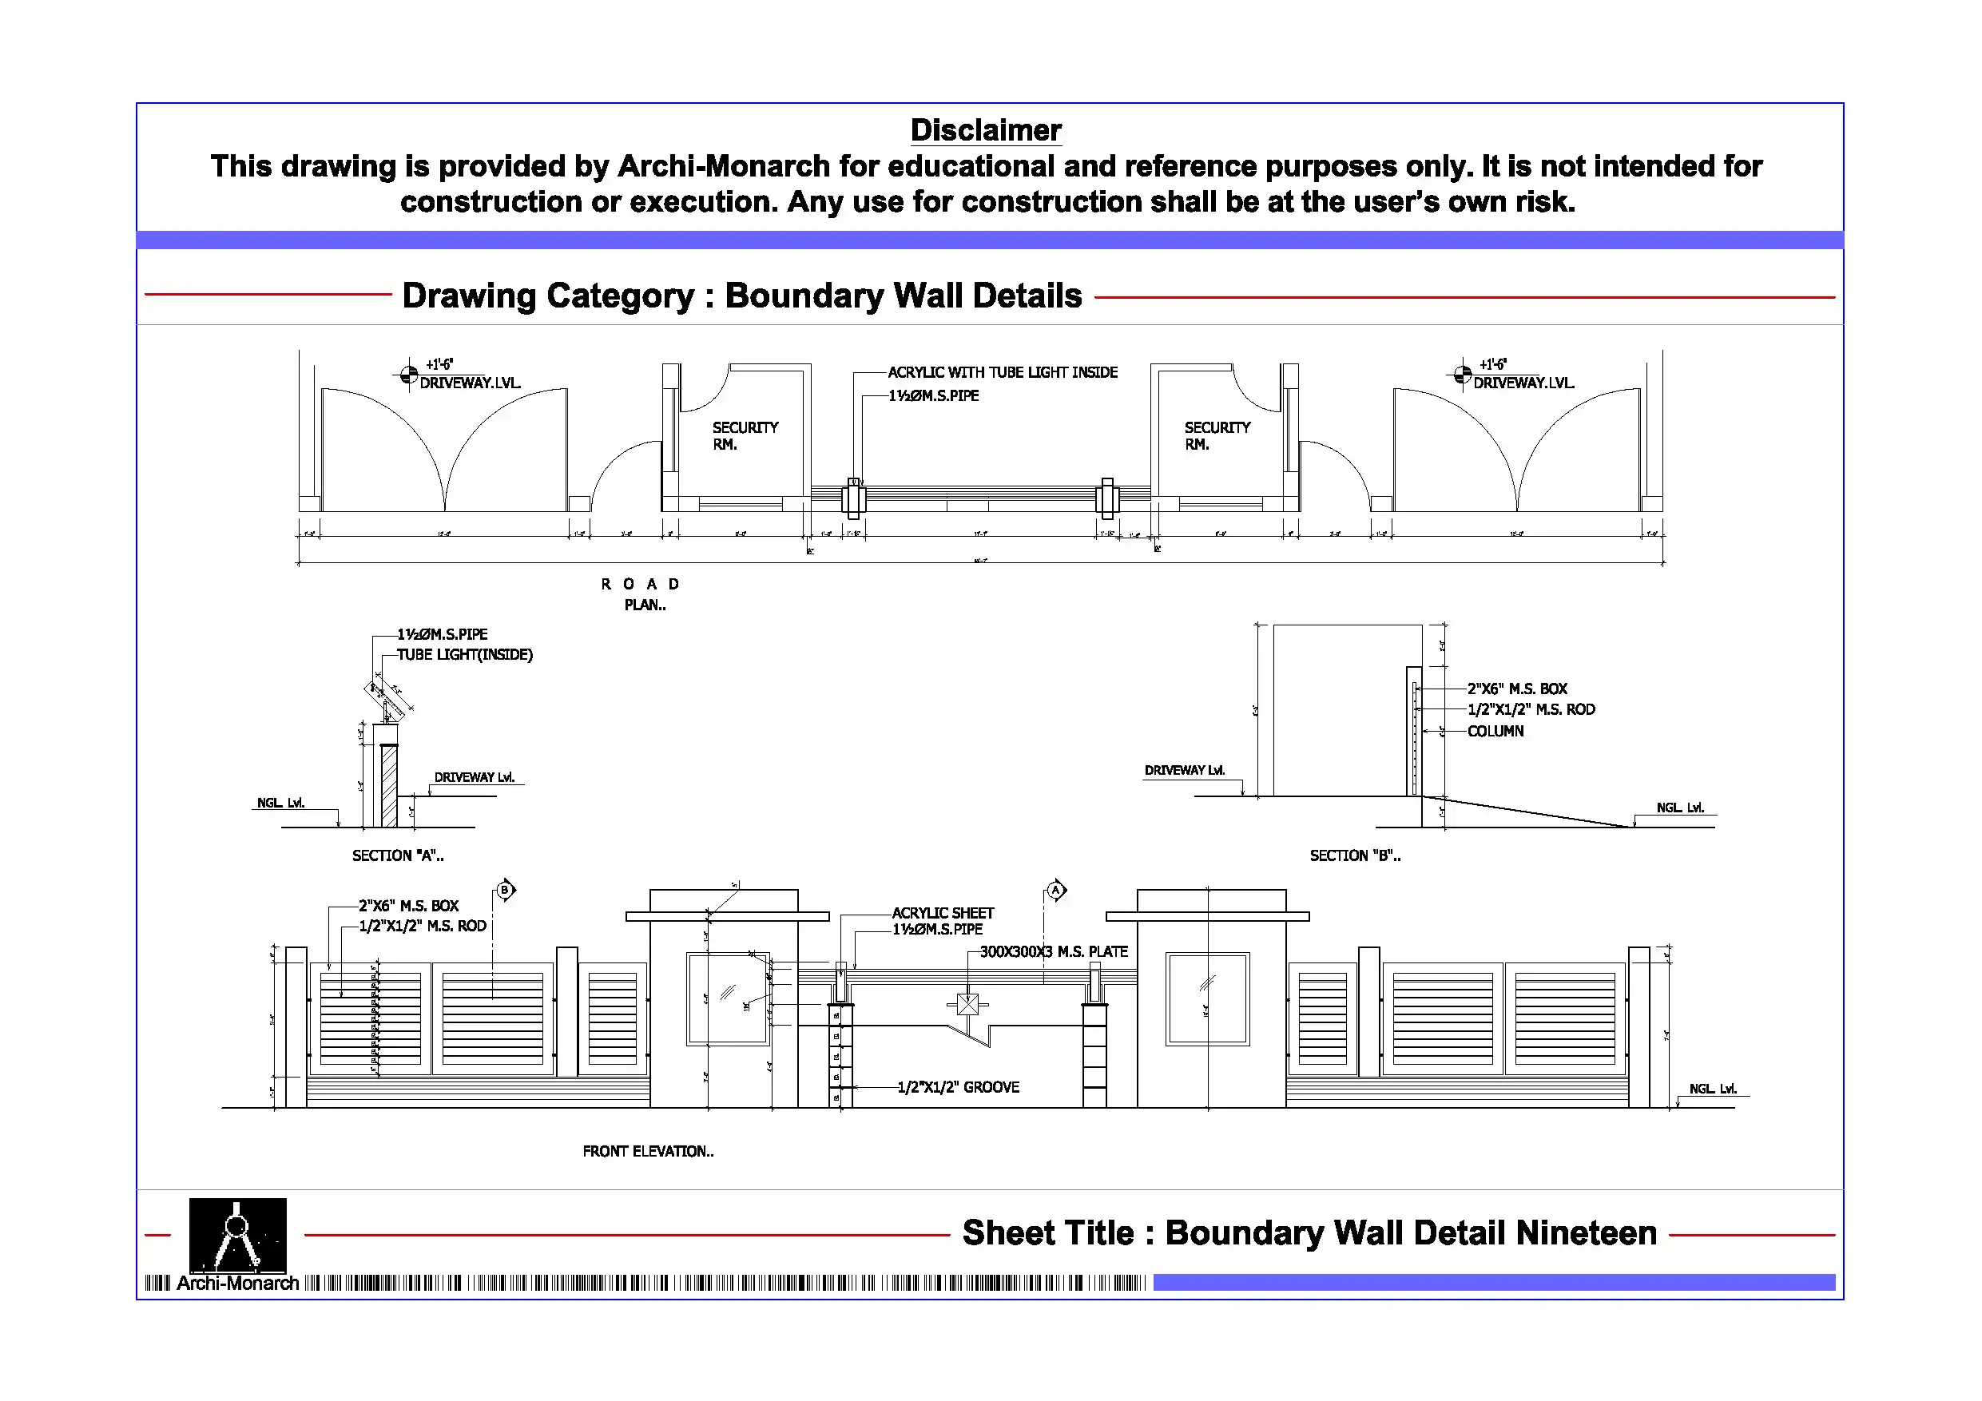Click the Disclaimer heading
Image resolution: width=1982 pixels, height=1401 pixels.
tap(985, 130)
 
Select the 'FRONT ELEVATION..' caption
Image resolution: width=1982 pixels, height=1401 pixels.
tap(647, 1151)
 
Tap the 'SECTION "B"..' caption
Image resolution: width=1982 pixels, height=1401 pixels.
tap(1354, 855)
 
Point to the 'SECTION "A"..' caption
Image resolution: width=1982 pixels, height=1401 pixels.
tap(397, 855)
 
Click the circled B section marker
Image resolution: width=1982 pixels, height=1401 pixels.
tap(505, 890)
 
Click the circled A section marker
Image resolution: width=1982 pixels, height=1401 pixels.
tap(1056, 890)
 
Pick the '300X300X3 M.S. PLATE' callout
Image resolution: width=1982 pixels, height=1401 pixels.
tap(1053, 951)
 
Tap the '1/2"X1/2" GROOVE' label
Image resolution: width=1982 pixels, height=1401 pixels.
tap(957, 1087)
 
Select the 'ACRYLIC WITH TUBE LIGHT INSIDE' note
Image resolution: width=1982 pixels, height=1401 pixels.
tap(1003, 372)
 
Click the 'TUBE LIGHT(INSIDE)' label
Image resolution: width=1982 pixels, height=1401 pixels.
tap(464, 654)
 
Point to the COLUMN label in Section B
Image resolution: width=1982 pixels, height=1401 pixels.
tap(1495, 731)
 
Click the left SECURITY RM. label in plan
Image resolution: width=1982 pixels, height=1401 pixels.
tap(744, 435)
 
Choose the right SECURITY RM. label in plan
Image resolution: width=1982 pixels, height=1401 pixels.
tap(1217, 435)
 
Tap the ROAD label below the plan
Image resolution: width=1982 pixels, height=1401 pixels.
tap(640, 585)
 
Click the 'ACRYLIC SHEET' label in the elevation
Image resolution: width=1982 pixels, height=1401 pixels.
tap(942, 912)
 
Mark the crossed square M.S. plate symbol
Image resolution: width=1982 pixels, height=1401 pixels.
tap(967, 1004)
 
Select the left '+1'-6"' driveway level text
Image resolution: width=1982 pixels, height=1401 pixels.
tap(439, 364)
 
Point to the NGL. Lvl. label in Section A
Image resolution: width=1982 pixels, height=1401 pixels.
tap(280, 803)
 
